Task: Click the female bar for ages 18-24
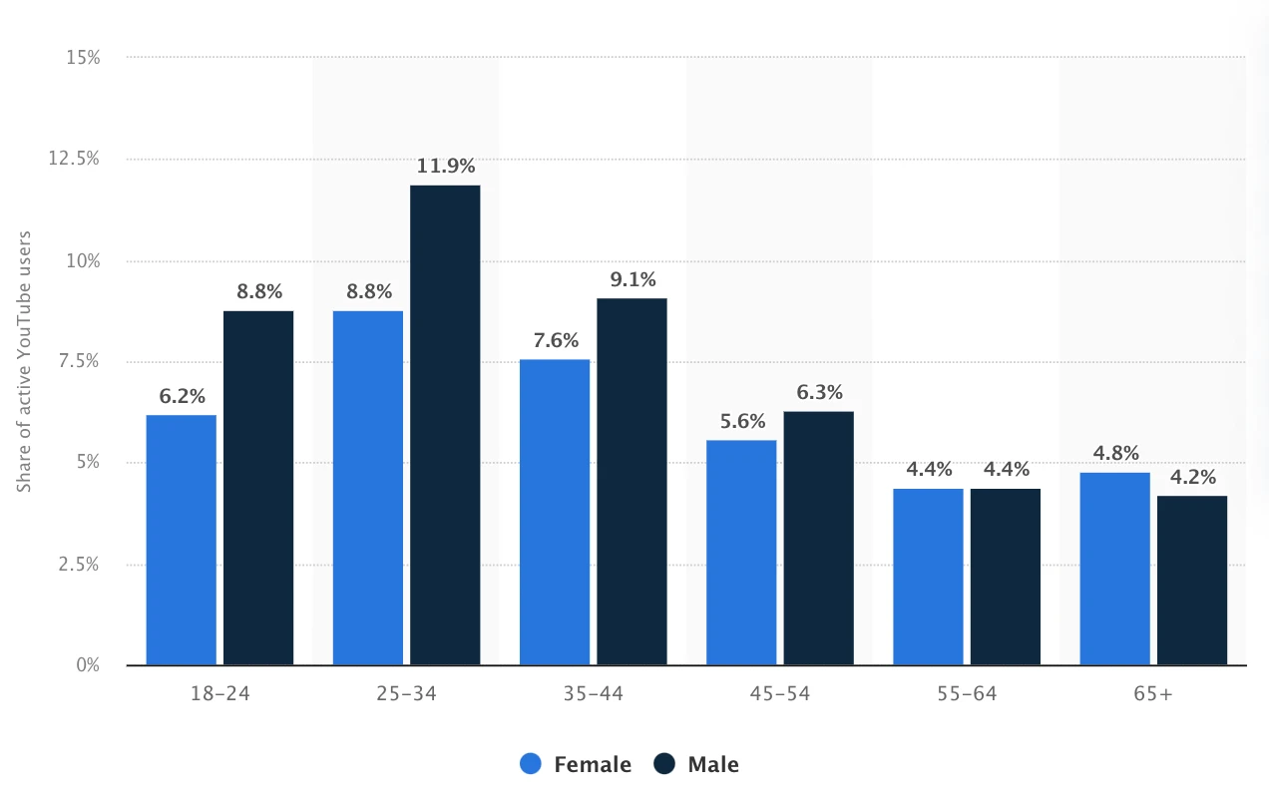tap(181, 540)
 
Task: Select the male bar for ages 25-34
tap(445, 425)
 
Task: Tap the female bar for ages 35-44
tap(555, 512)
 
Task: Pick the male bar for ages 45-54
tap(818, 538)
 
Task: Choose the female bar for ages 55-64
tap(928, 577)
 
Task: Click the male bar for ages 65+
tap(1192, 580)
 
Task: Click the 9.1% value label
tap(633, 279)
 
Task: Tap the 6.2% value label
tap(181, 396)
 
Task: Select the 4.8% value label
tap(1115, 453)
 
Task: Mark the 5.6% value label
tap(741, 421)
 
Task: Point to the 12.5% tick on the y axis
tap(74, 159)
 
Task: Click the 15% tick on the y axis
tap(83, 58)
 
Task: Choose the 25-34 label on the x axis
tap(406, 693)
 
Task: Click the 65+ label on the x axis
tap(1153, 693)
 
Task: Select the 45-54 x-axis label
tap(779, 693)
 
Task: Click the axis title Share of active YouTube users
tap(25, 361)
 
